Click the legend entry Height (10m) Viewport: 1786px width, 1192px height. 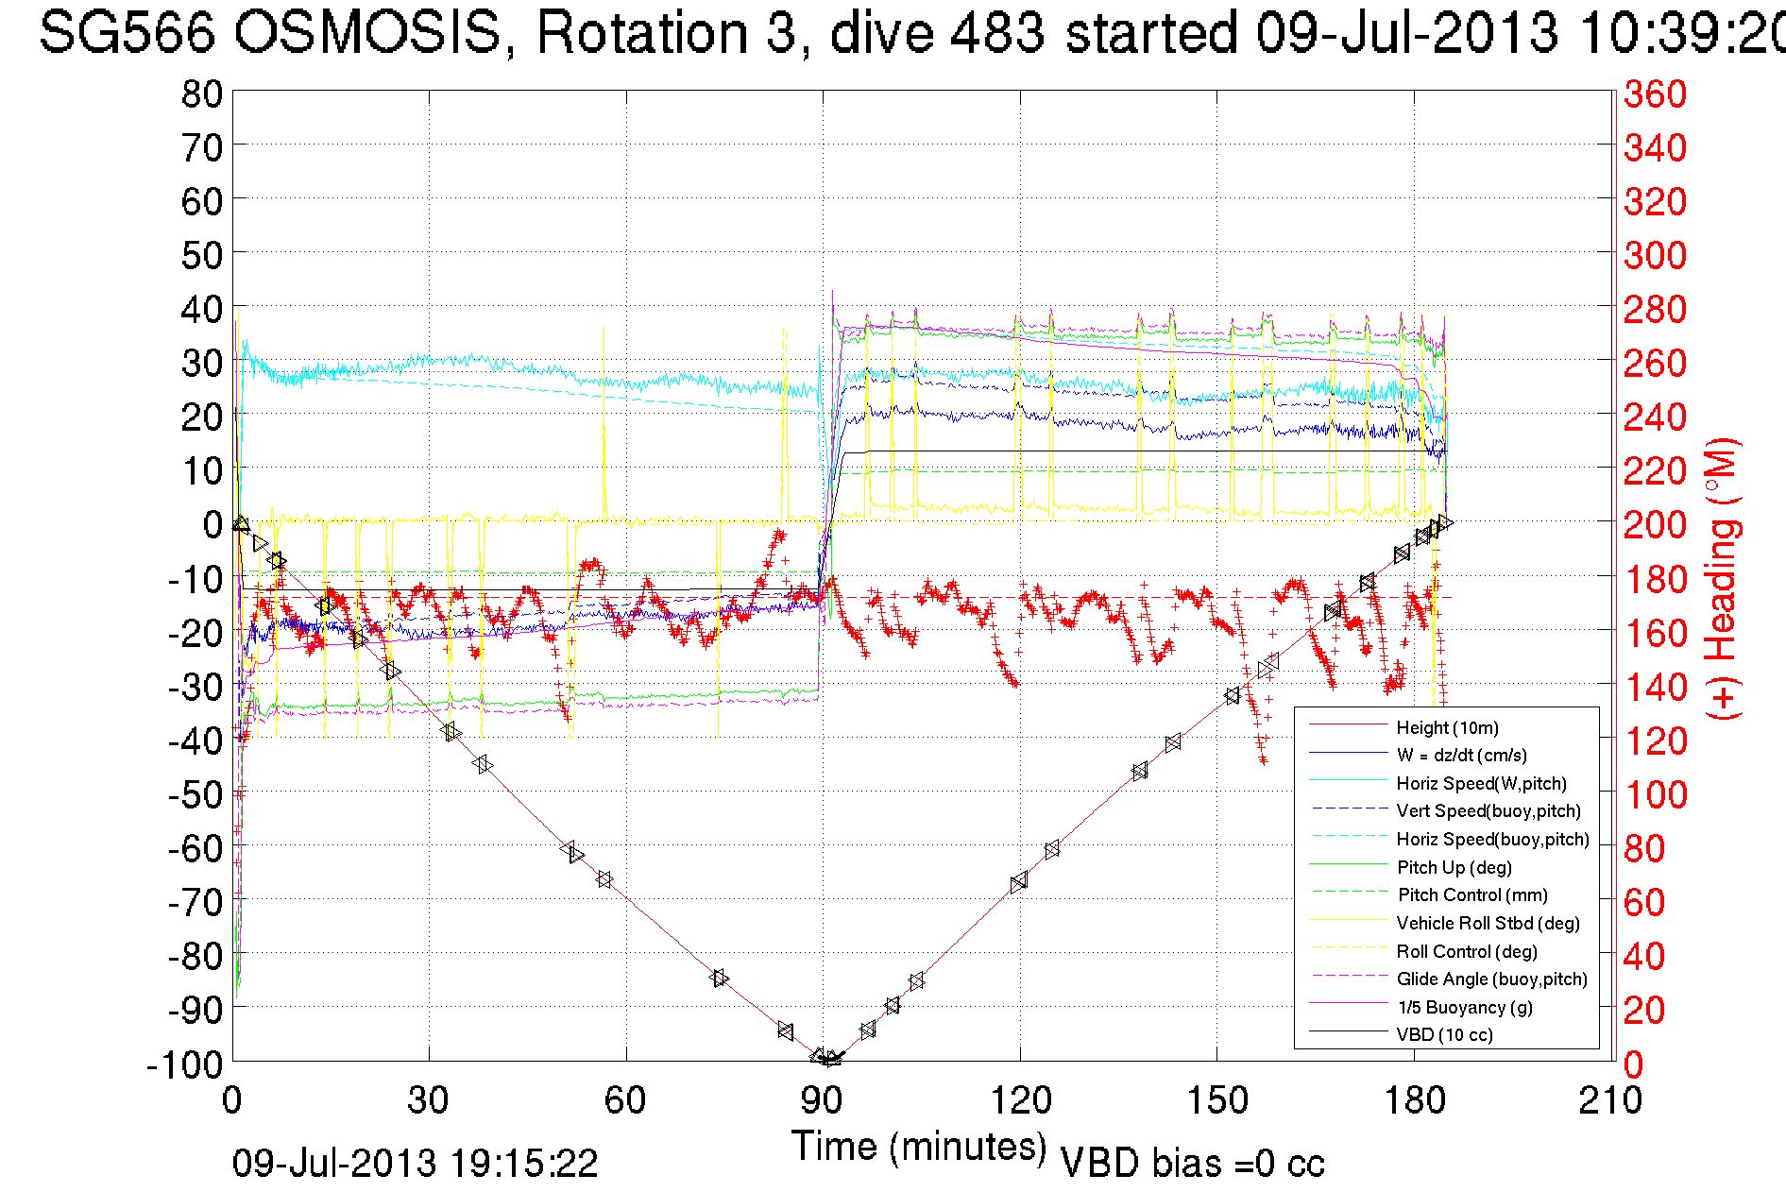click(1447, 727)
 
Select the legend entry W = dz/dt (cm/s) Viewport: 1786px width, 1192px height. click(1461, 755)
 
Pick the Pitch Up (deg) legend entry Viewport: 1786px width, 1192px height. click(1454, 867)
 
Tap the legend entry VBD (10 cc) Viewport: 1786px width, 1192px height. click(1444, 1034)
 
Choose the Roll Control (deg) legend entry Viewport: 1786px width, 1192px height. click(1466, 951)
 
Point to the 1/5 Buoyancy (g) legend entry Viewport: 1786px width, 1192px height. click(1465, 1007)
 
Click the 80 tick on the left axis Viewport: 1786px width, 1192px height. click(201, 94)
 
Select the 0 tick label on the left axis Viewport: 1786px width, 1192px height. click(213, 524)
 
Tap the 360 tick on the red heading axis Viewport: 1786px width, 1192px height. click(1655, 94)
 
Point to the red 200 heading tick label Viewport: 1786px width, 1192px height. click(1655, 524)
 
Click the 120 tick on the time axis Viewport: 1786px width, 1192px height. click(1020, 1100)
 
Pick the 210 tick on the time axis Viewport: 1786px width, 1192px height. click(1610, 1100)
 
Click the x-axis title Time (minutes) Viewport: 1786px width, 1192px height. click(919, 1147)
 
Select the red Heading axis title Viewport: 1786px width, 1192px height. click(1723, 578)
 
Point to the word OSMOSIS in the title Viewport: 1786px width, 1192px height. click(367, 33)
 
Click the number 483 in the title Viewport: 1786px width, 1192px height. click(996, 33)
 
